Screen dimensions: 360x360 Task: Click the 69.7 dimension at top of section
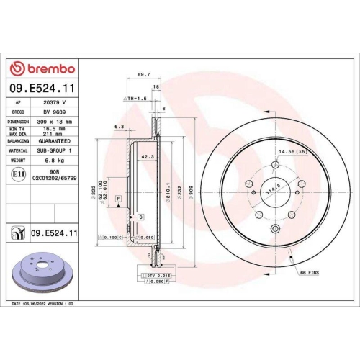(x=143, y=75)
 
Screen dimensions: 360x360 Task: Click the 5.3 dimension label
(x=119, y=127)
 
